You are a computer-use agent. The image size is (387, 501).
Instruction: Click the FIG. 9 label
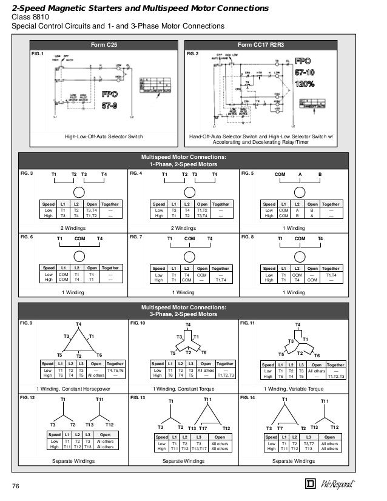[27, 323]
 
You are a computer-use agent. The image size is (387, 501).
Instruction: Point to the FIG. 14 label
[248, 398]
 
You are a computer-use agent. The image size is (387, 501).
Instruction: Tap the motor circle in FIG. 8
[300, 255]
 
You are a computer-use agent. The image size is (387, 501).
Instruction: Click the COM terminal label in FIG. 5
[280, 174]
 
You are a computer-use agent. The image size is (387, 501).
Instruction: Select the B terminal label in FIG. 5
[320, 174]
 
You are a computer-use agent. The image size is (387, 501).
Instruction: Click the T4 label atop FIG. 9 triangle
[78, 324]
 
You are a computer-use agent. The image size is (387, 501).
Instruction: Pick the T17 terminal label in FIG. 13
[203, 428]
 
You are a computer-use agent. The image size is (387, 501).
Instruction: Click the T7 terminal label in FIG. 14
[280, 428]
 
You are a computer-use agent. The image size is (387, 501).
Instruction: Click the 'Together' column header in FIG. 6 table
[110, 268]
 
